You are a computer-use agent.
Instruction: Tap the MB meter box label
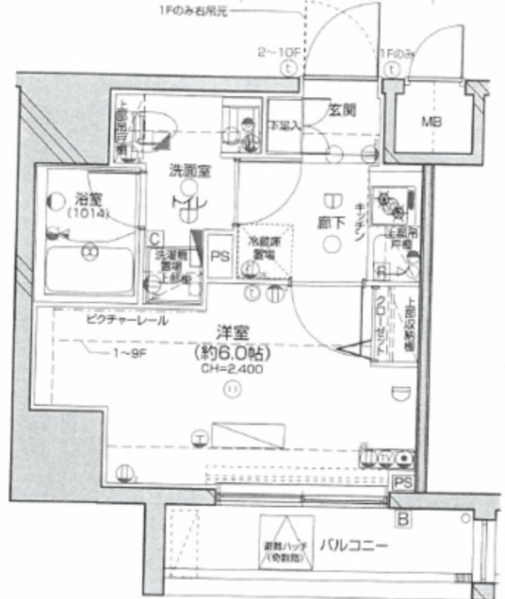[x=430, y=122]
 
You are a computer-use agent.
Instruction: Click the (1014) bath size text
[x=88, y=214]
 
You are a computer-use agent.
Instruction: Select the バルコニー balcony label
[x=353, y=545]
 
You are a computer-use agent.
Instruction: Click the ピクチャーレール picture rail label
[x=126, y=321]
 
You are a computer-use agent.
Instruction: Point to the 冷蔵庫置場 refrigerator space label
[x=261, y=247]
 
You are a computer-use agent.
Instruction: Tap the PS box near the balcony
[x=402, y=482]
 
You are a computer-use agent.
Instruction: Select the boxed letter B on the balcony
[x=402, y=520]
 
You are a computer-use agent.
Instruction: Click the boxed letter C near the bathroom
[x=155, y=239]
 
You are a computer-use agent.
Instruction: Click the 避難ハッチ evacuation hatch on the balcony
[x=286, y=544]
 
